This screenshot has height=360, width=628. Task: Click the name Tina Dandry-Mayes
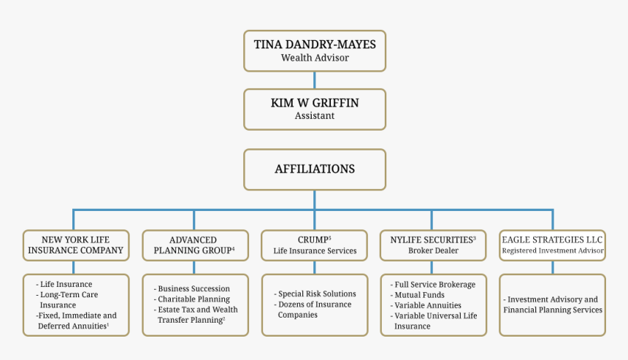[315, 45]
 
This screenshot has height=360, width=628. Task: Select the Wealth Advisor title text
[315, 58]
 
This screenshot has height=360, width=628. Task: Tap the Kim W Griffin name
[315, 103]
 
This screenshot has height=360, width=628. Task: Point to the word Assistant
[315, 115]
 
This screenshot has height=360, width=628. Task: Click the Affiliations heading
[315, 169]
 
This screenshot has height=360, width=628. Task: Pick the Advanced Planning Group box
[194, 245]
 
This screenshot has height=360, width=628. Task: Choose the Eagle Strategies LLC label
[552, 240]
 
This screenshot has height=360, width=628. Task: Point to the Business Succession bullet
[194, 288]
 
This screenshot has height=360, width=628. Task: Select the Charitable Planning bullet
[194, 299]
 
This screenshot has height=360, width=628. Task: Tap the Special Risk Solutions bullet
[316, 294]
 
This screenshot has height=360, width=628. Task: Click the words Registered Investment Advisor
[553, 250]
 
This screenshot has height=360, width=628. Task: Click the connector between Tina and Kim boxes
[315, 80]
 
